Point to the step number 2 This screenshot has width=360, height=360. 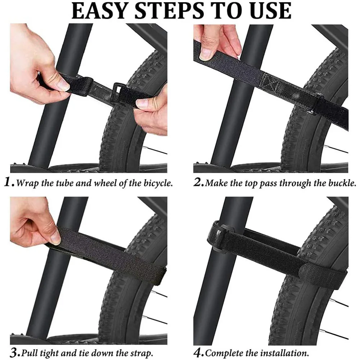click(x=198, y=183)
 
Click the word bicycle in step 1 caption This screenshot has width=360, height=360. click(x=157, y=183)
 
